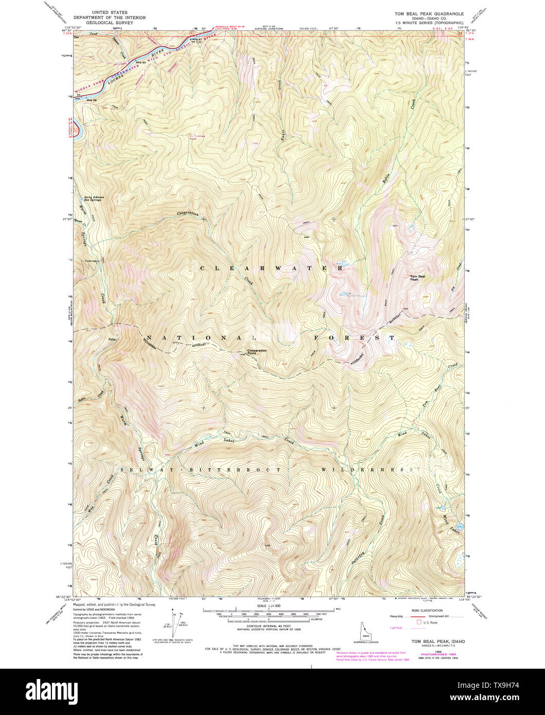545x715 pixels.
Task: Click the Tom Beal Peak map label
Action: point(417,278)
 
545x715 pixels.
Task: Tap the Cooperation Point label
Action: point(257,352)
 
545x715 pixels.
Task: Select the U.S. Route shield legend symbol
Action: point(419,621)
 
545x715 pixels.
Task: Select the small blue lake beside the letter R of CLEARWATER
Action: point(344,265)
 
